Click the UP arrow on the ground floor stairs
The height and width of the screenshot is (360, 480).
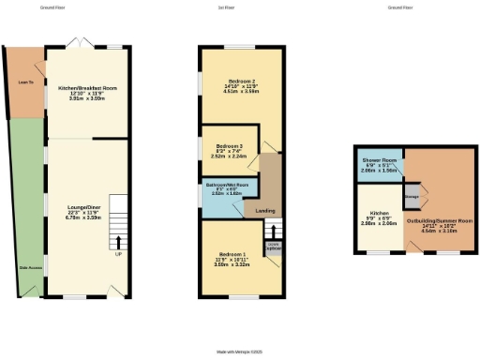point(118,253)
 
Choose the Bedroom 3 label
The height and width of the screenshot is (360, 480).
point(230,147)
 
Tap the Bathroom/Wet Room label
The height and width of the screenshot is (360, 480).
point(228,185)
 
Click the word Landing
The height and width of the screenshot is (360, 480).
point(265,211)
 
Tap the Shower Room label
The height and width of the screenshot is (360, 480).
point(380,161)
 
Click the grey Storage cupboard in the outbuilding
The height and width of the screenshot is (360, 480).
point(412,198)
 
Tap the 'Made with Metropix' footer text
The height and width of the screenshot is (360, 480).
point(239,352)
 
